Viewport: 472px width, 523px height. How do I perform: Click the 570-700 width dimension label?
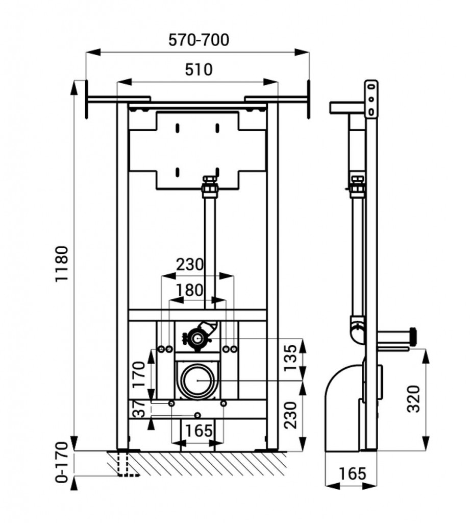198,40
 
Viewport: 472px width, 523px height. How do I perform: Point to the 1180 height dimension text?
61,264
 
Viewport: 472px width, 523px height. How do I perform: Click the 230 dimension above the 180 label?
190,264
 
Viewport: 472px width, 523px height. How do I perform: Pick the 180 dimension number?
189,290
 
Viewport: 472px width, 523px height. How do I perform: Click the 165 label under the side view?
352,473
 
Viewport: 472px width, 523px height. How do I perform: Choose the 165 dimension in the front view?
198,431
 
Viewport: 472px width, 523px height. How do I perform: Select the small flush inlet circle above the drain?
197,338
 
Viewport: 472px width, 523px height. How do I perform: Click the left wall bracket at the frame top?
117,98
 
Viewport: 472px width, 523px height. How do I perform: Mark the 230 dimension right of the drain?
290,415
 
